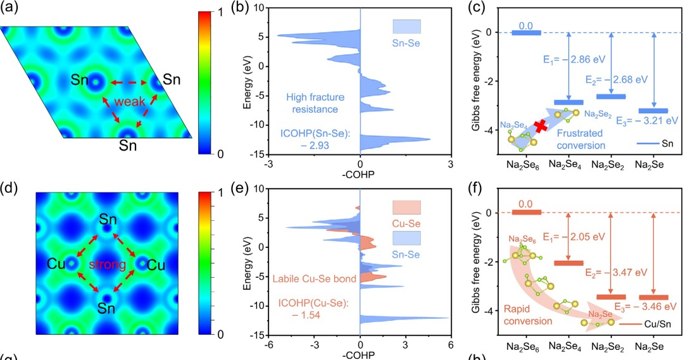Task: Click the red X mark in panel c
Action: pos(541,126)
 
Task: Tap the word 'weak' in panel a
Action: pos(128,101)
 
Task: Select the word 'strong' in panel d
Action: pos(107,264)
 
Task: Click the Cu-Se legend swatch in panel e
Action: pos(406,208)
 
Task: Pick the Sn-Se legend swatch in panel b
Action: pos(406,27)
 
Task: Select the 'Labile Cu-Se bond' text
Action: pos(308,278)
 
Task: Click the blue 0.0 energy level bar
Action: pos(526,33)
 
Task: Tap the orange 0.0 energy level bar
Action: pos(526,213)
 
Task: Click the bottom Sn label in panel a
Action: pos(128,146)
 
